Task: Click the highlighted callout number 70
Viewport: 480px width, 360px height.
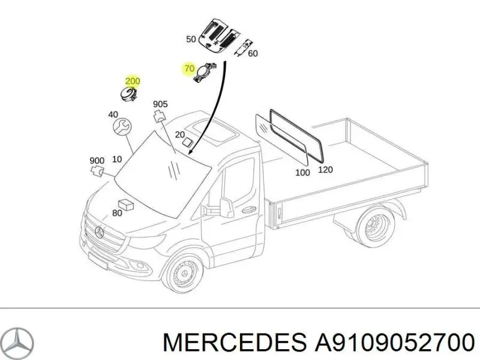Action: pos(190,68)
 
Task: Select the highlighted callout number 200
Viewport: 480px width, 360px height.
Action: pos(133,81)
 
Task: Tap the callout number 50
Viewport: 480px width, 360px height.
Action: pos(191,39)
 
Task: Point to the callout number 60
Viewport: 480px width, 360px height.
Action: pos(253,53)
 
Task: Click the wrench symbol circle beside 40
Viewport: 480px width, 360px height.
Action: pos(122,127)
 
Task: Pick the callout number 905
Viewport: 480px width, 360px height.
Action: pos(160,104)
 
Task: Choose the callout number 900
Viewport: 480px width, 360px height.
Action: pos(97,160)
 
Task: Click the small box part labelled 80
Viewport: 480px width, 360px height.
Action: pos(126,205)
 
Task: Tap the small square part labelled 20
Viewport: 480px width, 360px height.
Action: pos(187,142)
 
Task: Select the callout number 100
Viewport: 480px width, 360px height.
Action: pos(302,173)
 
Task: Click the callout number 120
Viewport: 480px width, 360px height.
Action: pos(325,170)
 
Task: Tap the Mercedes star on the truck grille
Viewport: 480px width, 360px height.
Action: pos(100,233)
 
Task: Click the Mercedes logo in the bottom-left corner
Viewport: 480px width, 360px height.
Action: pos(19,341)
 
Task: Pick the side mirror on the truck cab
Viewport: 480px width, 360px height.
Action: pos(226,207)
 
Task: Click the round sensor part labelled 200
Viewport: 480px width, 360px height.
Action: pos(128,94)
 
